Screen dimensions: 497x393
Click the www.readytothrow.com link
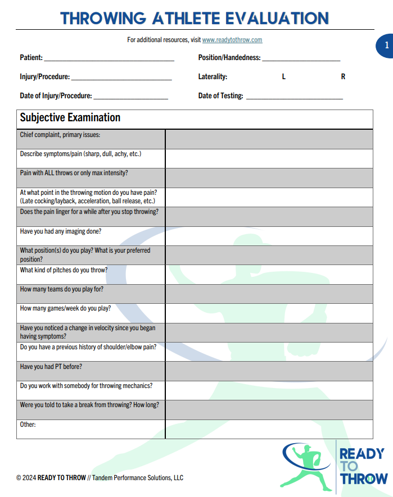click(x=232, y=40)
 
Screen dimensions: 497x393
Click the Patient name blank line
click(x=109, y=58)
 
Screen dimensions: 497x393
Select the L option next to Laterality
click(x=284, y=77)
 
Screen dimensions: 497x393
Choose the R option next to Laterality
click(x=343, y=77)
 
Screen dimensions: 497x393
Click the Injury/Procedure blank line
click(x=121, y=77)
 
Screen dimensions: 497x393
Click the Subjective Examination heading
click(x=70, y=118)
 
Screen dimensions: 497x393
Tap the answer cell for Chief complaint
click(x=269, y=139)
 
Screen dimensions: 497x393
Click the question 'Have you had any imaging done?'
click(x=61, y=231)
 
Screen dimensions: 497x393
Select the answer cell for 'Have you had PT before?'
click(x=269, y=371)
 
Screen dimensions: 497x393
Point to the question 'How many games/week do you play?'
click(x=65, y=308)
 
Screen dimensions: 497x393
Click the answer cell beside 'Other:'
click(x=269, y=429)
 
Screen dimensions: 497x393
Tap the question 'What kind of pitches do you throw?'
click(x=64, y=270)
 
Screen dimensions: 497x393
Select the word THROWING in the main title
click(x=102, y=18)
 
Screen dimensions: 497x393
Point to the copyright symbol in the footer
click(x=19, y=478)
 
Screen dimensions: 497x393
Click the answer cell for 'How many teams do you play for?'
click(x=269, y=294)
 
